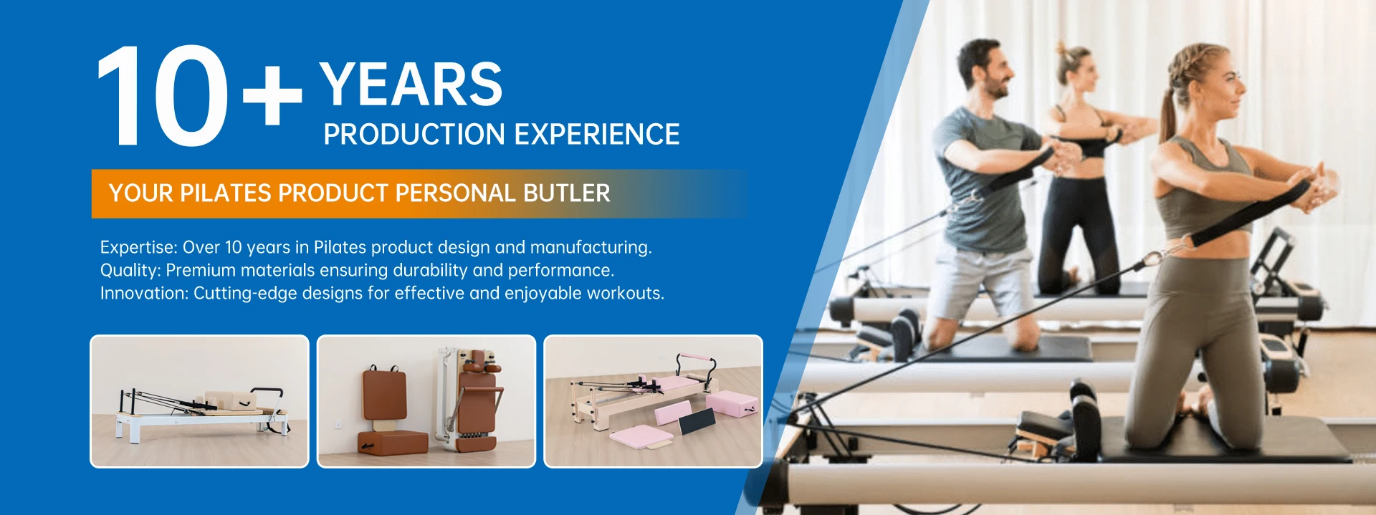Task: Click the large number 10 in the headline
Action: tap(163, 96)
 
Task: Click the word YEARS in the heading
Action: tap(411, 85)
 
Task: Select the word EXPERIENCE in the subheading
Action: tap(597, 135)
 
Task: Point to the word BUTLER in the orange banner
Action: tap(567, 193)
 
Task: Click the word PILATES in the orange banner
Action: tap(225, 193)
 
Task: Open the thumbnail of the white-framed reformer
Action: tap(199, 401)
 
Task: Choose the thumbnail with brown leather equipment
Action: tap(426, 401)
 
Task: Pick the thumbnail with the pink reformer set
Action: tap(653, 401)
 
